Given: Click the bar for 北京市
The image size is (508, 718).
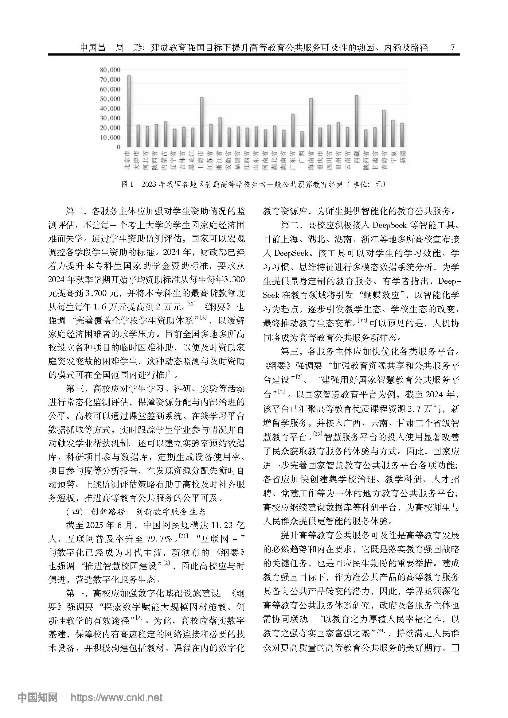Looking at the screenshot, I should pyautogui.click(x=129, y=111).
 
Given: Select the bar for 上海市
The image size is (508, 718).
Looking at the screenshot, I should pyautogui.click(x=202, y=122).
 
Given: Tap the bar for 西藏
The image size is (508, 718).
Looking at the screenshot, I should pyautogui.click(x=357, y=121).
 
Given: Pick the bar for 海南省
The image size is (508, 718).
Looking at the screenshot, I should pyautogui.click(x=311, y=122).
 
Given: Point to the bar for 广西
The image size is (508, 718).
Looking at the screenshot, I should pyautogui.click(x=302, y=139).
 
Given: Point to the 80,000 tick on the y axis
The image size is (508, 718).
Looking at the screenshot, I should pyautogui.click(x=110, y=70).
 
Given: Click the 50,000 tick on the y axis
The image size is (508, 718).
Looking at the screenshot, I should pyautogui.click(x=110, y=99).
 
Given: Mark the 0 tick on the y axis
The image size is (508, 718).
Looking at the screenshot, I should pyautogui.click(x=118, y=147).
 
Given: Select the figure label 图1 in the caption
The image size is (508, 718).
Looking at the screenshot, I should pyautogui.click(x=127, y=184).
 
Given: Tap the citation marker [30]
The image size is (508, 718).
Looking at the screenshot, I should pyautogui.click(x=190, y=304).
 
